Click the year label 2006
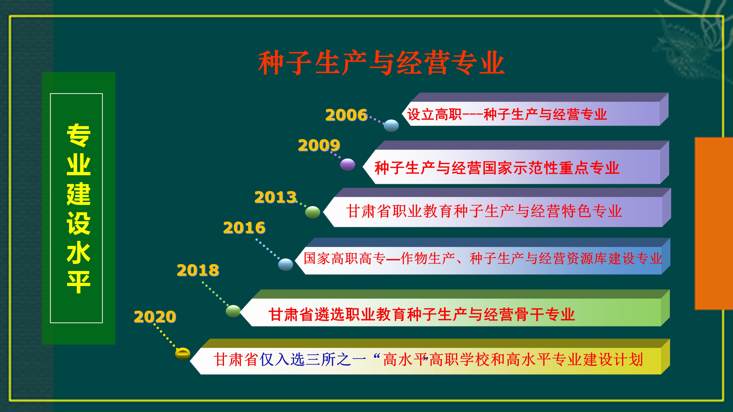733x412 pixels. click(x=346, y=115)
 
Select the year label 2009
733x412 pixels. click(x=319, y=145)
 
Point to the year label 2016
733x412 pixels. click(x=244, y=228)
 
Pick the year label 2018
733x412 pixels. click(x=198, y=270)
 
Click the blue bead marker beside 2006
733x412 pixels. click(x=391, y=126)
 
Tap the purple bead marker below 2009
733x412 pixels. click(x=347, y=165)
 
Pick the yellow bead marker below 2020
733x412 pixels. click(x=182, y=354)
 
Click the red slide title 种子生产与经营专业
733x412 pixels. click(x=381, y=63)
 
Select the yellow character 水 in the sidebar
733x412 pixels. click(x=79, y=253)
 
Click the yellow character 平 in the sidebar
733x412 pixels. click(x=79, y=282)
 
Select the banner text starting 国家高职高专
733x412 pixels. click(x=483, y=258)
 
